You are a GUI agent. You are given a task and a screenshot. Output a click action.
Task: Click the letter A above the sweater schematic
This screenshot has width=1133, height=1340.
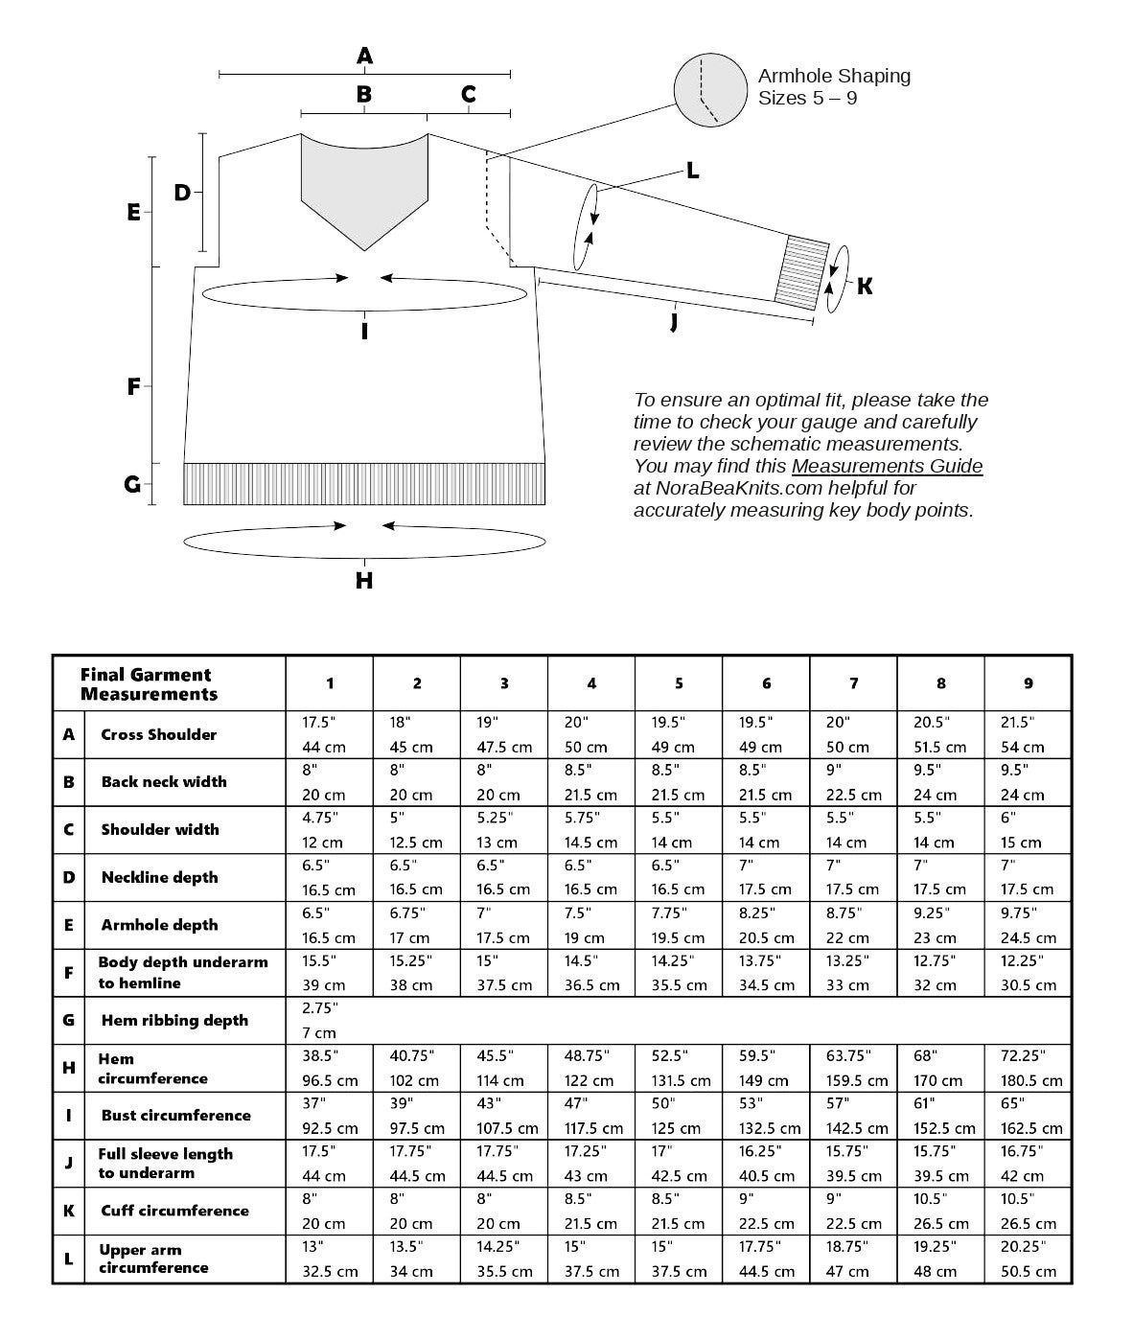coord(364,57)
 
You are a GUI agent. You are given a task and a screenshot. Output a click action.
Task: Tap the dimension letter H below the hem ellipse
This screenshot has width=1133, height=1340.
coord(364,581)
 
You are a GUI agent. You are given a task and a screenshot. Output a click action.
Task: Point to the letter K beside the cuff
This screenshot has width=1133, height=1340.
coord(865,287)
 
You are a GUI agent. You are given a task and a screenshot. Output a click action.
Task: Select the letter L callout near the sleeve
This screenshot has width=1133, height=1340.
coord(692,172)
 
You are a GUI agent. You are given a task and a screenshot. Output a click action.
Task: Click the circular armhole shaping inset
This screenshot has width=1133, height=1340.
coord(711,91)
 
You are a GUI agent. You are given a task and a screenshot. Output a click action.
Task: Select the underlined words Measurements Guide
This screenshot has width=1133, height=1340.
coord(887,467)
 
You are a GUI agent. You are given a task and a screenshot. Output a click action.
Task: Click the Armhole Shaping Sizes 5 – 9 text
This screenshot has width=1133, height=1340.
coord(834,86)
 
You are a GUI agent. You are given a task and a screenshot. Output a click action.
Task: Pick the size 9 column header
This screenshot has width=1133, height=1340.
coord(1029,683)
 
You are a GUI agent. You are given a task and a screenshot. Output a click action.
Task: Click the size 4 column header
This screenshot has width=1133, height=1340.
coord(591,683)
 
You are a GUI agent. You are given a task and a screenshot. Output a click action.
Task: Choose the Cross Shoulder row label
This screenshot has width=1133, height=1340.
coord(159,735)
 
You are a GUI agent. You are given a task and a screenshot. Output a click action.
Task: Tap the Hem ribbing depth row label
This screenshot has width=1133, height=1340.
coord(174,1021)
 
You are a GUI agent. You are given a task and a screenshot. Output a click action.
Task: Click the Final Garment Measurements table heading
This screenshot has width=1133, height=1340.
coord(150,684)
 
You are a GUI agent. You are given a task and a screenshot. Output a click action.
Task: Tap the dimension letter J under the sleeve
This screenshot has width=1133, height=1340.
coord(675,321)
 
